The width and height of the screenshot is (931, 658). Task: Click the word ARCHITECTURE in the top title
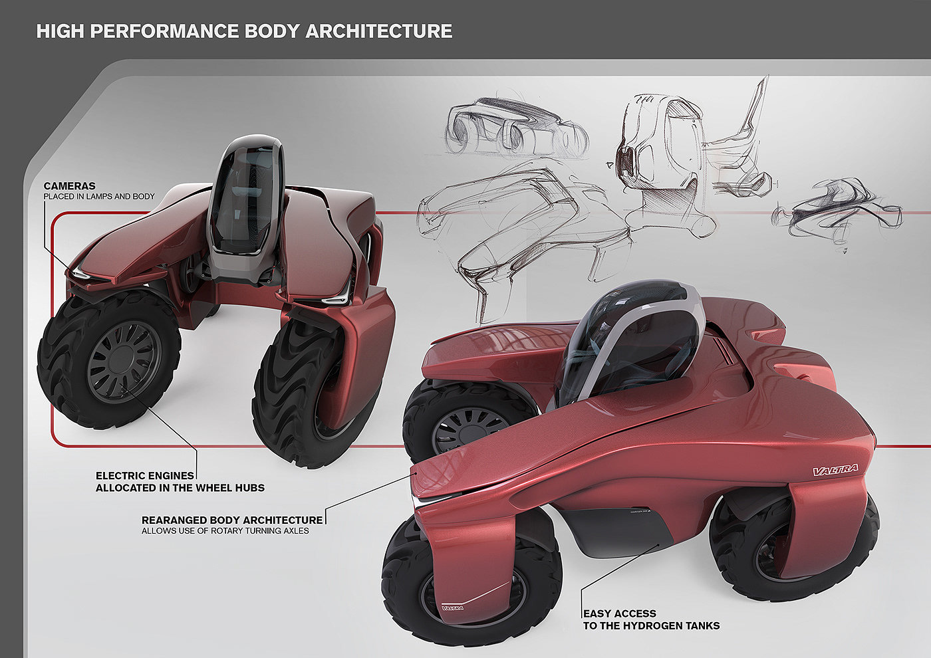pyautogui.click(x=378, y=31)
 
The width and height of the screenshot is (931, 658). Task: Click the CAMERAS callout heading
pyautogui.click(x=69, y=185)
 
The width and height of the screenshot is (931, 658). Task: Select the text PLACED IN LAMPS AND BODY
pyautogui.click(x=99, y=196)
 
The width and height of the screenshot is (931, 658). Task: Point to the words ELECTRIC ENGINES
pyautogui.click(x=145, y=476)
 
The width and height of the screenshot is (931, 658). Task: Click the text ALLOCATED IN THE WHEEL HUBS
pyautogui.click(x=180, y=488)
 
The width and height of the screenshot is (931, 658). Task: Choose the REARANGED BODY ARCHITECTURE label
pyautogui.click(x=232, y=520)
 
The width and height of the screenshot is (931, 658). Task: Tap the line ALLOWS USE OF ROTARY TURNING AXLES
pyautogui.click(x=225, y=531)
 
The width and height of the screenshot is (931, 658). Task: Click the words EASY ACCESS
pyautogui.click(x=619, y=613)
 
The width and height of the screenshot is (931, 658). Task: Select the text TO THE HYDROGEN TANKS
pyautogui.click(x=651, y=625)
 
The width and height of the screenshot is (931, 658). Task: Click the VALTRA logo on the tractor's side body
pyautogui.click(x=835, y=470)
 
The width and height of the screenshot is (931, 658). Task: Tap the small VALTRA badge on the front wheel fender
pyautogui.click(x=453, y=607)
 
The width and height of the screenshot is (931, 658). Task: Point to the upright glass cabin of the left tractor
pyautogui.click(x=245, y=199)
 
